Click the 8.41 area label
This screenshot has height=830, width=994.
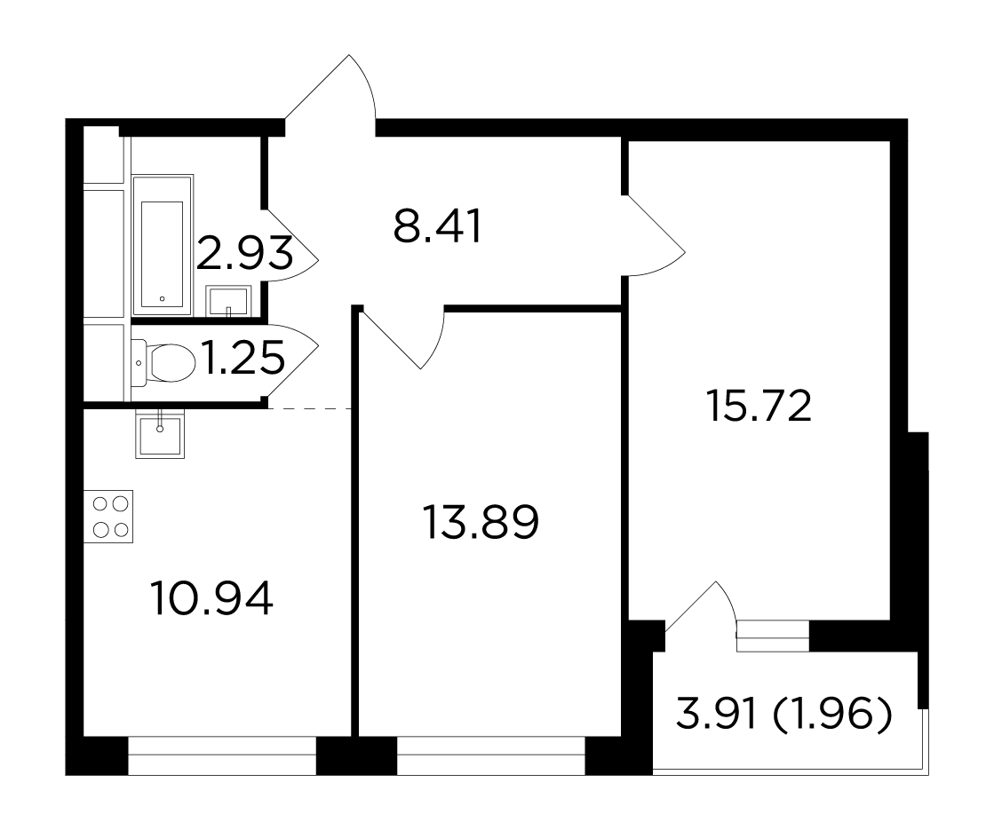pos(437,226)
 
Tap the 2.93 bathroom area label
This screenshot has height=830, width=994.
pos(244,253)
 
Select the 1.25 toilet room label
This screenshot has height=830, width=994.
pos(243,358)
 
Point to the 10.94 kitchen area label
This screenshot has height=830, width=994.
pos(211,598)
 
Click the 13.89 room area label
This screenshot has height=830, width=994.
pos(481,522)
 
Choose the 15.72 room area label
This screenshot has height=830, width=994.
pos(759,406)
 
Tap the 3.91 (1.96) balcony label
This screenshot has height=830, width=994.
pos(784,715)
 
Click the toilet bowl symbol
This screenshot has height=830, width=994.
pos(164,362)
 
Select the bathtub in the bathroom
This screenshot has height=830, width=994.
pos(163,245)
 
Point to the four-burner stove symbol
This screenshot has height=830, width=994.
pos(108,517)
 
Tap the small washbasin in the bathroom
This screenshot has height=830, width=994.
pos(228,301)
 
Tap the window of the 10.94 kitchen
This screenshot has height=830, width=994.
pos(222,755)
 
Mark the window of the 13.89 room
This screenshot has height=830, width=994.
pos(490,755)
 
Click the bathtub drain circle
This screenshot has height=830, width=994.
pos(163,298)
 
